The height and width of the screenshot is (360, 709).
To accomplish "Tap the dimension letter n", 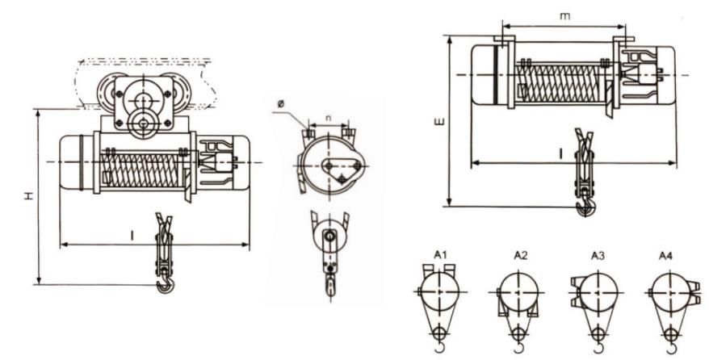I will tap(327, 119).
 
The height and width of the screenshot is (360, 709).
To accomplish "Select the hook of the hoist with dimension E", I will tap(585, 209).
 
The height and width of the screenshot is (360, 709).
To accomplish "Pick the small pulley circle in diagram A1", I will tap(439, 333).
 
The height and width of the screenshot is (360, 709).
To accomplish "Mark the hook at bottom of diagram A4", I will tap(674, 349).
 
